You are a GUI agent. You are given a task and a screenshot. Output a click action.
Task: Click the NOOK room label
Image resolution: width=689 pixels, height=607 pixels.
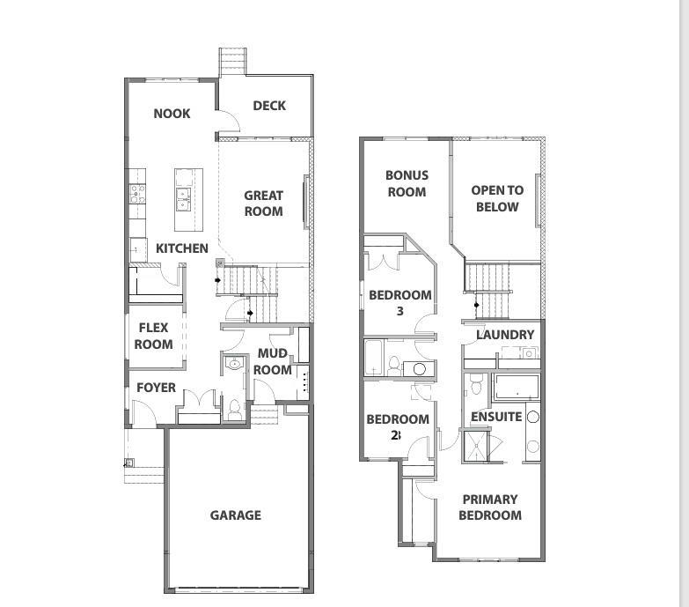coord(172,114)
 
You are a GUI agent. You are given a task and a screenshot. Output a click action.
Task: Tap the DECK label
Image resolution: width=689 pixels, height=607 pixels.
coord(269,106)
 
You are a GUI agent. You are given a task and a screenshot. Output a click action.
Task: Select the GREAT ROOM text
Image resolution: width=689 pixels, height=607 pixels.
coord(264,204)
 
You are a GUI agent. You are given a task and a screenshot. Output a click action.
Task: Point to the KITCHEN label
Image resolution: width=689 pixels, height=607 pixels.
coord(182,248)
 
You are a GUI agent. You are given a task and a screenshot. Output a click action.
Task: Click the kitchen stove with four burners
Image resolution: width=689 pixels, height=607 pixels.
coord(137,194)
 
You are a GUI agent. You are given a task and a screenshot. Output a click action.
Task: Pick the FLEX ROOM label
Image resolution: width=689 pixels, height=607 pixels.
coord(153,336)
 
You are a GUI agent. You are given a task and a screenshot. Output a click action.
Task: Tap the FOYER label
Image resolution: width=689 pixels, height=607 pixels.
coord(156,388)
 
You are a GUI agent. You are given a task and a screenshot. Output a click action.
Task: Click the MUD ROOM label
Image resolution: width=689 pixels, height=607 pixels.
coord(273,361)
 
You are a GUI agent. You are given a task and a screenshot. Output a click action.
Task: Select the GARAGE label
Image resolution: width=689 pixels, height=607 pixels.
coord(236,515)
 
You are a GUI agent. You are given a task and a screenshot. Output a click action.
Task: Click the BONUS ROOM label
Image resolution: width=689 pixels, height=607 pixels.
coord(407,183)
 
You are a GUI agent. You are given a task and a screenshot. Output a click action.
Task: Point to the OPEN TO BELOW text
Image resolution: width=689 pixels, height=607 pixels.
coord(497,198)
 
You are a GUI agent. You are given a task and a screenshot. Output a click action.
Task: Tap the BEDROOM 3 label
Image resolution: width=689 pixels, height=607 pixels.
coord(399,303)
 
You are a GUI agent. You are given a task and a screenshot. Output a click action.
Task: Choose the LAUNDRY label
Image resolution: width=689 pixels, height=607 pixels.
coord(505,335)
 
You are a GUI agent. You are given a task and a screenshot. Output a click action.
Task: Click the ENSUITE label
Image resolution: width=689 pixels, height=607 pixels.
coord(496,417)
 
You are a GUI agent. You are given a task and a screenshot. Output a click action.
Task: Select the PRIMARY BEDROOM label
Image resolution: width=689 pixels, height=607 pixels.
coord(490,507)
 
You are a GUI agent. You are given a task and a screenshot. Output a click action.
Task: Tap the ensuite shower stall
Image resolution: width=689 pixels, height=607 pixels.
coord(475,446)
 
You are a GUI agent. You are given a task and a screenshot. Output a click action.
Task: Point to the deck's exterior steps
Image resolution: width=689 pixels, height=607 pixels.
coord(233,61)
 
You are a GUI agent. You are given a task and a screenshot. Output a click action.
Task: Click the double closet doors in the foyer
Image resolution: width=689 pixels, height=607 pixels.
coord(199,399)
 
